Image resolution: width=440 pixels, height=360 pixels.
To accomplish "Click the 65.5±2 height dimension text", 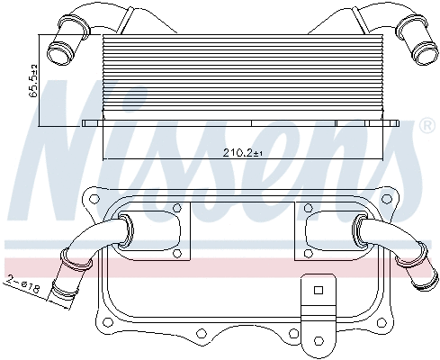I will [x=33, y=80].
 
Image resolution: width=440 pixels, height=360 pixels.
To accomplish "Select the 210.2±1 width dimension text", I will [x=242, y=154].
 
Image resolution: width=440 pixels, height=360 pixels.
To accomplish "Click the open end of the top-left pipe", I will [x=60, y=51].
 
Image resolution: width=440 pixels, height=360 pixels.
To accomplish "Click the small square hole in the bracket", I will [x=317, y=290].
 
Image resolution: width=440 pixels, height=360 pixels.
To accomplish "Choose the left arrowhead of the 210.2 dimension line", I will [x=107, y=159].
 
